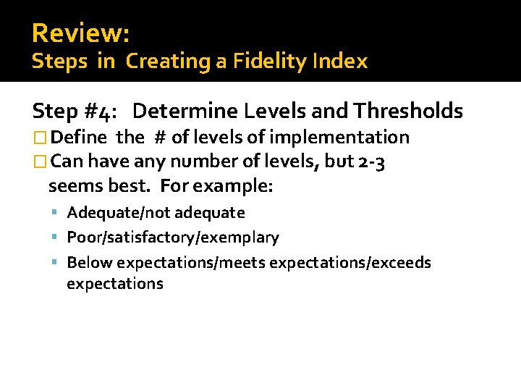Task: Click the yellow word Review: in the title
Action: click(x=80, y=33)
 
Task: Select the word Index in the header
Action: click(x=341, y=62)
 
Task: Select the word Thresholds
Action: click(x=408, y=111)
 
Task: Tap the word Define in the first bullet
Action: click(x=80, y=137)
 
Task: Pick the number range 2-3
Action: click(x=371, y=161)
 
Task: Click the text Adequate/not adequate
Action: click(x=156, y=213)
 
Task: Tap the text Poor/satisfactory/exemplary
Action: click(x=172, y=237)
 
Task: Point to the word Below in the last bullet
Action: click(x=90, y=262)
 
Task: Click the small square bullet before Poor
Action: click(x=56, y=237)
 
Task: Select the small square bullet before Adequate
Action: click(x=56, y=213)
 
